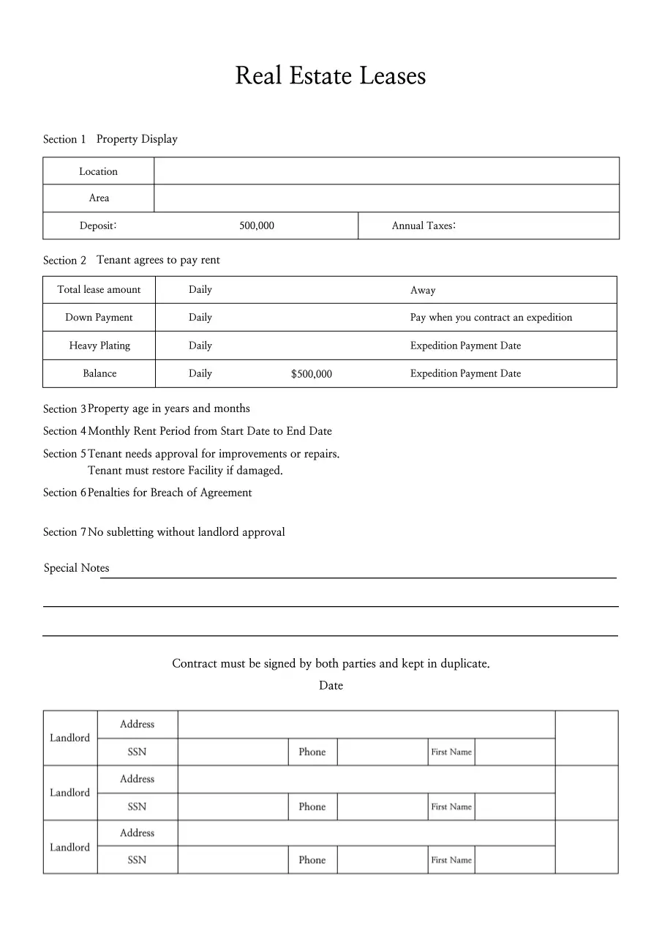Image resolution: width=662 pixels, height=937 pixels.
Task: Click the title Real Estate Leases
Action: (x=330, y=76)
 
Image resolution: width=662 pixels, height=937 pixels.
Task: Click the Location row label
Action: (x=98, y=171)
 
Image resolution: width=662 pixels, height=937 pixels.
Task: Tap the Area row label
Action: (x=99, y=198)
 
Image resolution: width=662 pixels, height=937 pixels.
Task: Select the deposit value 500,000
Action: (x=257, y=226)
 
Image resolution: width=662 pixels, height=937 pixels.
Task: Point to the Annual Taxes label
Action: (x=424, y=226)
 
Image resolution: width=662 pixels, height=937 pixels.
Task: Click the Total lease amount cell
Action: (x=99, y=290)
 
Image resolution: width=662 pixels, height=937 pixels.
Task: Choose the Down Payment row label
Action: (x=99, y=318)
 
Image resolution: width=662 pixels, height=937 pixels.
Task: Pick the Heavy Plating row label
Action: (x=99, y=346)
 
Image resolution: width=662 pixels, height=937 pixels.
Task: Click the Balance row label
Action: (x=99, y=373)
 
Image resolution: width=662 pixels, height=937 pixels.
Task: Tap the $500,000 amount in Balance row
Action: (x=311, y=374)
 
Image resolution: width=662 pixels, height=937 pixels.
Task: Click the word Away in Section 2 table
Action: (x=423, y=291)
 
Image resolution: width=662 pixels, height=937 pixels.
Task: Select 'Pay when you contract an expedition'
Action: (x=491, y=318)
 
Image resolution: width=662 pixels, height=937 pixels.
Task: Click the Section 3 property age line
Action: (x=168, y=408)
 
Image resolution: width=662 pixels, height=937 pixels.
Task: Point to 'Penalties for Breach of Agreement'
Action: (x=170, y=493)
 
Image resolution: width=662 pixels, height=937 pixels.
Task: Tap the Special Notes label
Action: (x=76, y=568)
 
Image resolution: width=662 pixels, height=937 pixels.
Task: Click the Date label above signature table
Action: (x=331, y=686)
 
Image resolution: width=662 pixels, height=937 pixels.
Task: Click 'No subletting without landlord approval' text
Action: (x=187, y=532)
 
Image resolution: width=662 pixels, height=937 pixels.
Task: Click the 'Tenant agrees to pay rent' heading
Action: (x=158, y=260)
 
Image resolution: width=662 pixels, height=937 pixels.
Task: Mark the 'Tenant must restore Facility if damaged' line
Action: (x=185, y=471)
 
